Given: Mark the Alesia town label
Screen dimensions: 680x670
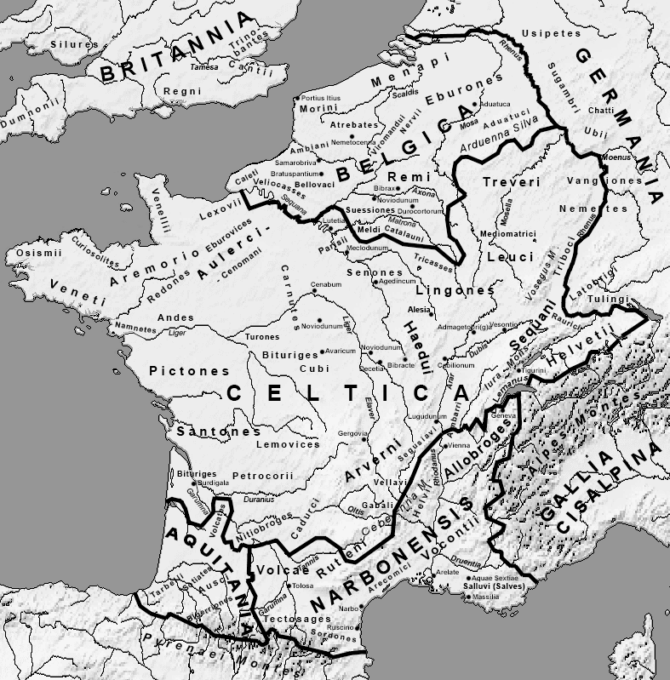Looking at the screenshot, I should (x=420, y=310).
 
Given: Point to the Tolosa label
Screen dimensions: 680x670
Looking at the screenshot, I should (x=302, y=586).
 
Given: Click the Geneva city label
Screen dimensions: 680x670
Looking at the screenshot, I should (x=503, y=415).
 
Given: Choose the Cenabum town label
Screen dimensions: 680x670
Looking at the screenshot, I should (x=326, y=283).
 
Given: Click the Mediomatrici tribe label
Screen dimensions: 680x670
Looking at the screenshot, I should (x=507, y=233).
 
